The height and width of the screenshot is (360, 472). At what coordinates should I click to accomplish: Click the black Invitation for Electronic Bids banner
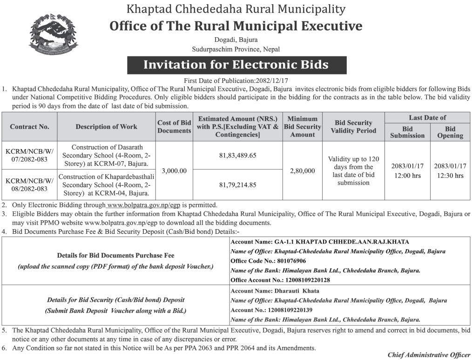click(x=236, y=65)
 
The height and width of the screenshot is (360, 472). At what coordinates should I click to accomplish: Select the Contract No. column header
click(x=30, y=127)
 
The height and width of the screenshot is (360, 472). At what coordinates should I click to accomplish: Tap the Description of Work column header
click(x=106, y=127)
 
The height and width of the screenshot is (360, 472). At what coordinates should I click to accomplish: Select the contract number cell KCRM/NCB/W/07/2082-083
click(x=30, y=156)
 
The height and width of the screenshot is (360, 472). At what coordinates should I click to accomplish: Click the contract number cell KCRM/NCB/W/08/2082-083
click(x=30, y=184)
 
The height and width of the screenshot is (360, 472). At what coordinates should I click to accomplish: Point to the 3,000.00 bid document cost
click(x=174, y=171)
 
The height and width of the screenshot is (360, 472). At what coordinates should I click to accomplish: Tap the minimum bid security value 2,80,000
click(x=303, y=171)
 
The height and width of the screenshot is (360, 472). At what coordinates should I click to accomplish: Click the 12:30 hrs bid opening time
click(x=450, y=176)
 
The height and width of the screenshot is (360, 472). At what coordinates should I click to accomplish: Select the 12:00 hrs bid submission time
click(x=407, y=176)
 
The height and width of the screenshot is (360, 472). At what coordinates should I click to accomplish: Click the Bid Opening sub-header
click(x=450, y=132)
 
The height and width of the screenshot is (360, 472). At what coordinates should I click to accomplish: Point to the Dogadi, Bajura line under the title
click(x=236, y=40)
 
